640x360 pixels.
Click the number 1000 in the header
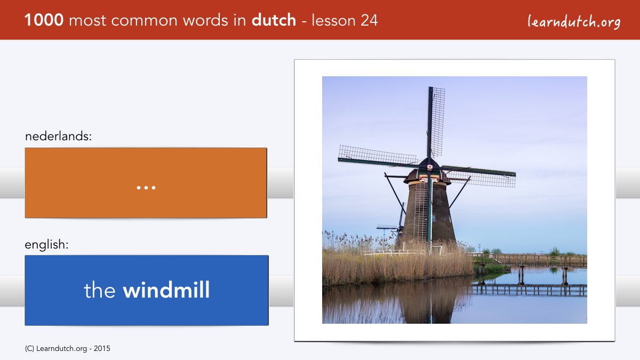click(x=44, y=20)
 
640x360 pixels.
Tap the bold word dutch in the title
click(x=274, y=20)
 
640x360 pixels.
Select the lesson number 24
click(x=369, y=20)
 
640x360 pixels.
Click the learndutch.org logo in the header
click(x=574, y=21)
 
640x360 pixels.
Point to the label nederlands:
click(x=58, y=136)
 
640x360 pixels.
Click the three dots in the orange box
click(x=146, y=188)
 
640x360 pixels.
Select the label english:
click(x=46, y=245)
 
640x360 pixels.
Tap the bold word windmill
click(x=166, y=290)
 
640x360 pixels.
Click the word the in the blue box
click(x=99, y=290)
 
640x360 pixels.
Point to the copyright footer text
click(x=67, y=349)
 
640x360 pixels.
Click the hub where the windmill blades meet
click(x=429, y=166)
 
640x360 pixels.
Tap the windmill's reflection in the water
click(x=429, y=303)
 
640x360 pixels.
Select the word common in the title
click(x=145, y=21)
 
